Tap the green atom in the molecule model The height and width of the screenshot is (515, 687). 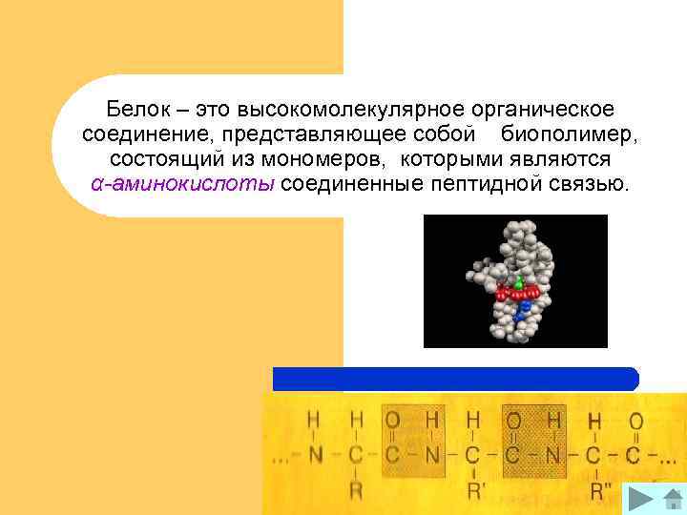[518, 283]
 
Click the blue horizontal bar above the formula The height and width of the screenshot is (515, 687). [455, 379]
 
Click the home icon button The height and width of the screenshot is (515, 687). [668, 498]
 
